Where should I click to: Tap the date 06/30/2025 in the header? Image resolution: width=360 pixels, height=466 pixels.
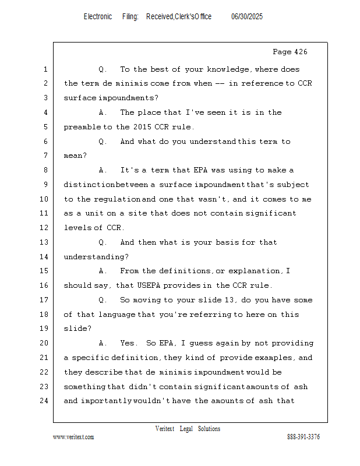(x=247, y=17)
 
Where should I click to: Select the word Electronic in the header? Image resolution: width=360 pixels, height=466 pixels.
(x=98, y=17)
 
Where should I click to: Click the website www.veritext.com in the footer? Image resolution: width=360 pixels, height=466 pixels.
(x=73, y=437)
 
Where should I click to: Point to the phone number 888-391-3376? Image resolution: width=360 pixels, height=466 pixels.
(x=303, y=437)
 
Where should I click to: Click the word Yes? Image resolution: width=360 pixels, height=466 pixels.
(x=129, y=343)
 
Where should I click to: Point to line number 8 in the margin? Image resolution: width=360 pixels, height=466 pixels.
(x=45, y=170)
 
